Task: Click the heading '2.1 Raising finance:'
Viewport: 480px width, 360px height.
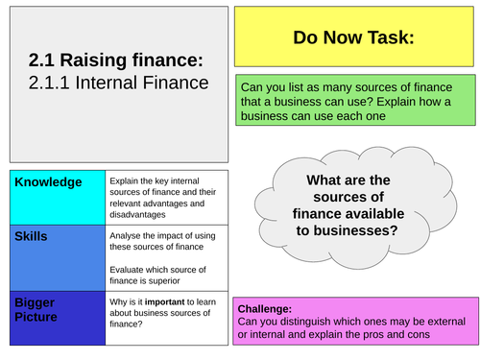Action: (x=115, y=60)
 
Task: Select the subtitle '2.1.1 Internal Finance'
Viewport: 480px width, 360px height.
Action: (x=118, y=83)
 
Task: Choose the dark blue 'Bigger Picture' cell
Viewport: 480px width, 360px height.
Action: (x=52, y=318)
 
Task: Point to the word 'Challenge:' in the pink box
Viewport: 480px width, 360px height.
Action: (x=265, y=308)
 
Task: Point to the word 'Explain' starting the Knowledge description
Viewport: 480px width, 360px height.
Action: (x=128, y=180)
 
